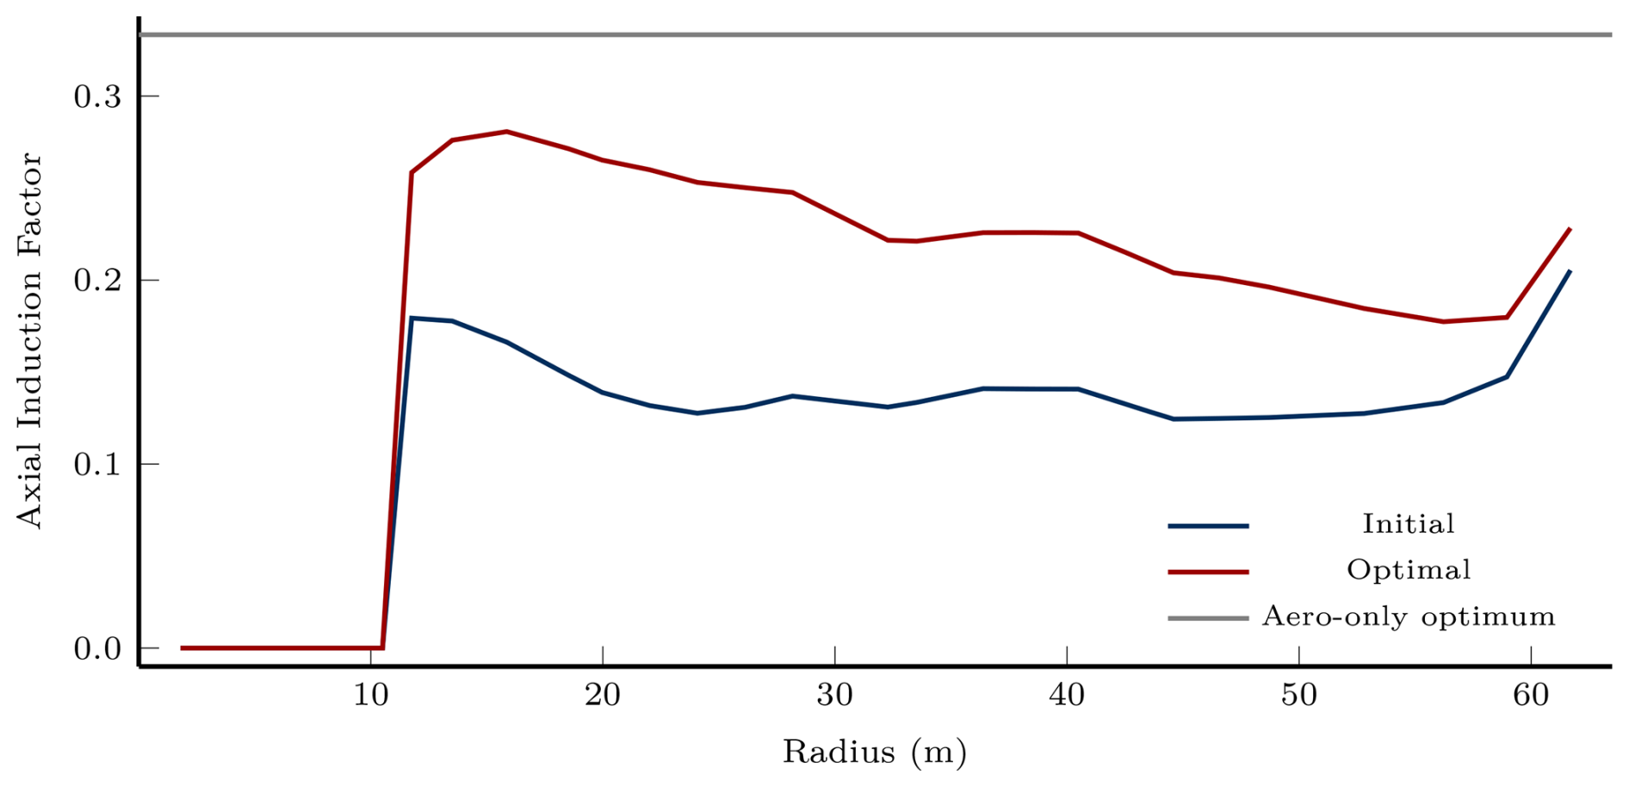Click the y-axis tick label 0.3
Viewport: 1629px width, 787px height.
[x=96, y=96]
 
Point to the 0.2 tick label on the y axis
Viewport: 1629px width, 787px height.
[x=96, y=281]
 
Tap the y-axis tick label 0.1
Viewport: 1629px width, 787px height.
[x=96, y=465]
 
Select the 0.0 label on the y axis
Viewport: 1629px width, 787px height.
[x=96, y=648]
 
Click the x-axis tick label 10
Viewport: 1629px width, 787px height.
[x=370, y=694]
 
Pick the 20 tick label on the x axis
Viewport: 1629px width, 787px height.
[x=603, y=694]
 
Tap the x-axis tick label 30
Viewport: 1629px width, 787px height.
[x=834, y=694]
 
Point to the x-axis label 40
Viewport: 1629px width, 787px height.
[x=1067, y=694]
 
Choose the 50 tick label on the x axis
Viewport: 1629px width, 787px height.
[x=1298, y=694]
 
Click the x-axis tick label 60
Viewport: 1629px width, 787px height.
[x=1531, y=694]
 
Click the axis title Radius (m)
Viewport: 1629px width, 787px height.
[x=874, y=753]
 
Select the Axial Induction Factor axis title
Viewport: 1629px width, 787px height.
[x=29, y=340]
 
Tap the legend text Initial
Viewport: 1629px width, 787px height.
[x=1408, y=524]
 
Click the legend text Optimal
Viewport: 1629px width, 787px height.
[x=1408, y=570]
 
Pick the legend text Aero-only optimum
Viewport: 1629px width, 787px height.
[x=1408, y=617]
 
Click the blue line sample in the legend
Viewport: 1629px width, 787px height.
[x=1207, y=526]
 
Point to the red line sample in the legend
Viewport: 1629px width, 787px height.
[x=1207, y=572]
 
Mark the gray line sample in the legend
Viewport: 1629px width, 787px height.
[x=1207, y=618]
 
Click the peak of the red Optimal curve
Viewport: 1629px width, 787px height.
[x=507, y=132]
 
